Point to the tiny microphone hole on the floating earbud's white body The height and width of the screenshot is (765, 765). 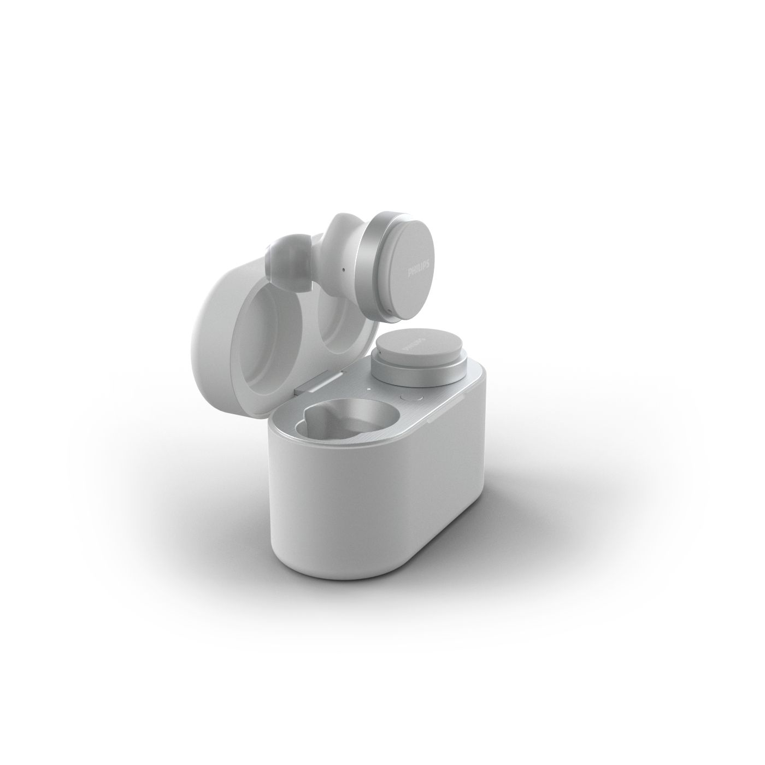(343, 271)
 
